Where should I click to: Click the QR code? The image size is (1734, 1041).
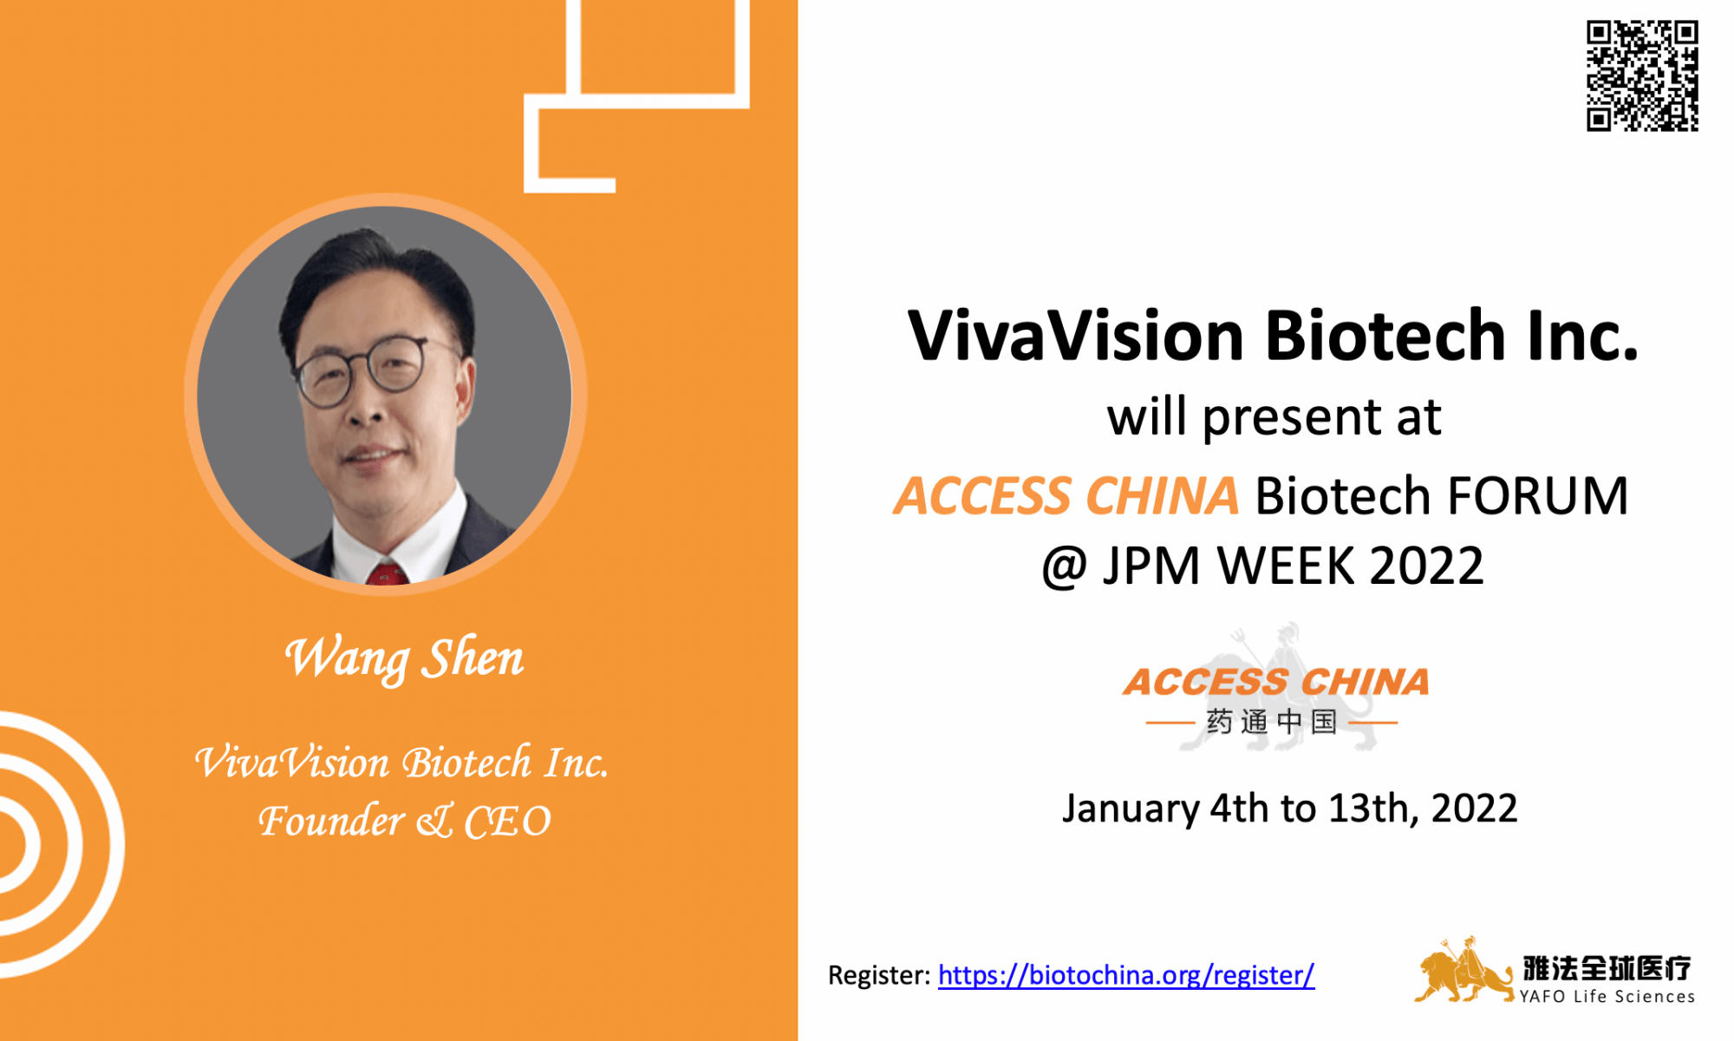(1642, 76)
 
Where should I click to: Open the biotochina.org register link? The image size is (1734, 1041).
(1125, 975)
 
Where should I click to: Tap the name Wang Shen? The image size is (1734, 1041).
(404, 658)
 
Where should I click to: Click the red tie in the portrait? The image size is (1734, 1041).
(386, 573)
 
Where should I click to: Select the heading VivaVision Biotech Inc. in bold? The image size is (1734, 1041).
(1273, 336)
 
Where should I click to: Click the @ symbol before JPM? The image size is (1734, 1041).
(1065, 566)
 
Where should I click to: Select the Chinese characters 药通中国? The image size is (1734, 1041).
(1272, 722)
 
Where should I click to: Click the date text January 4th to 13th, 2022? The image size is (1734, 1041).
(1289, 809)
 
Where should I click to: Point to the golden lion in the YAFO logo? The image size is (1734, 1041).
(1462, 972)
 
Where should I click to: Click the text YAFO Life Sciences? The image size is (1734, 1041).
(1607, 997)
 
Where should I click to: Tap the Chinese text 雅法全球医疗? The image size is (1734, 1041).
(1607, 967)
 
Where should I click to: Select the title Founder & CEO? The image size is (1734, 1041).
(404, 821)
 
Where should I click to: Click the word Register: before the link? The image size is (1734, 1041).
(879, 975)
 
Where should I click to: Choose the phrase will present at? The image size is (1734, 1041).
(1274, 417)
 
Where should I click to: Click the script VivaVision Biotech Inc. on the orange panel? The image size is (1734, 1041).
(401, 763)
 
